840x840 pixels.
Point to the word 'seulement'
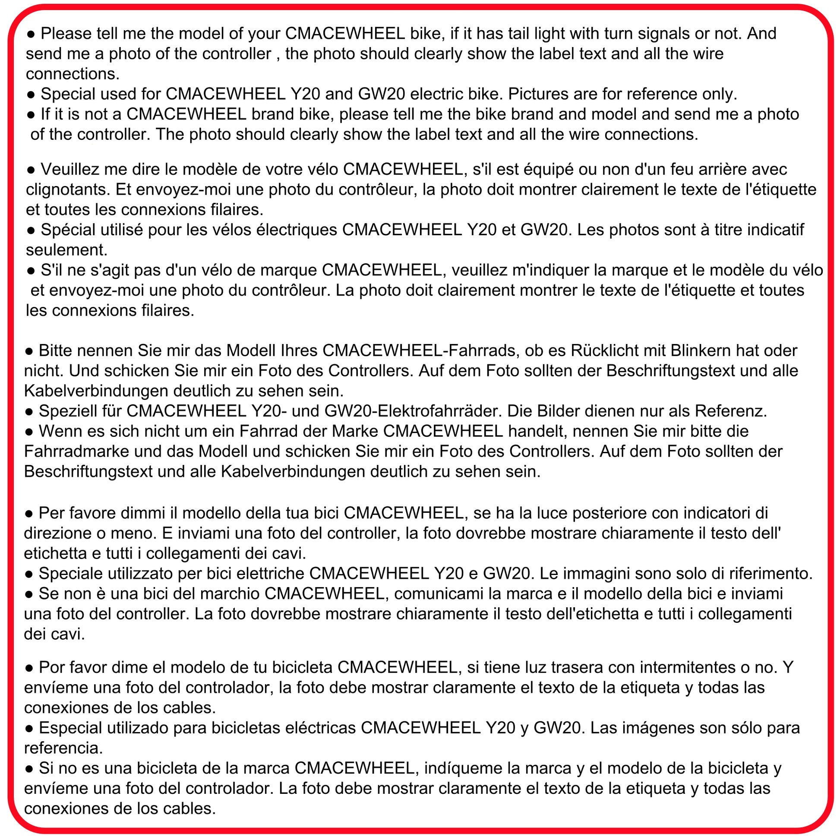[66, 250]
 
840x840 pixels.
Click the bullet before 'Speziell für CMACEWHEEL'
[29, 411]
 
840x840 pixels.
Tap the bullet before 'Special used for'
[31, 95]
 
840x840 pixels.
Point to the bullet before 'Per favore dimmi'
[29, 514]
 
